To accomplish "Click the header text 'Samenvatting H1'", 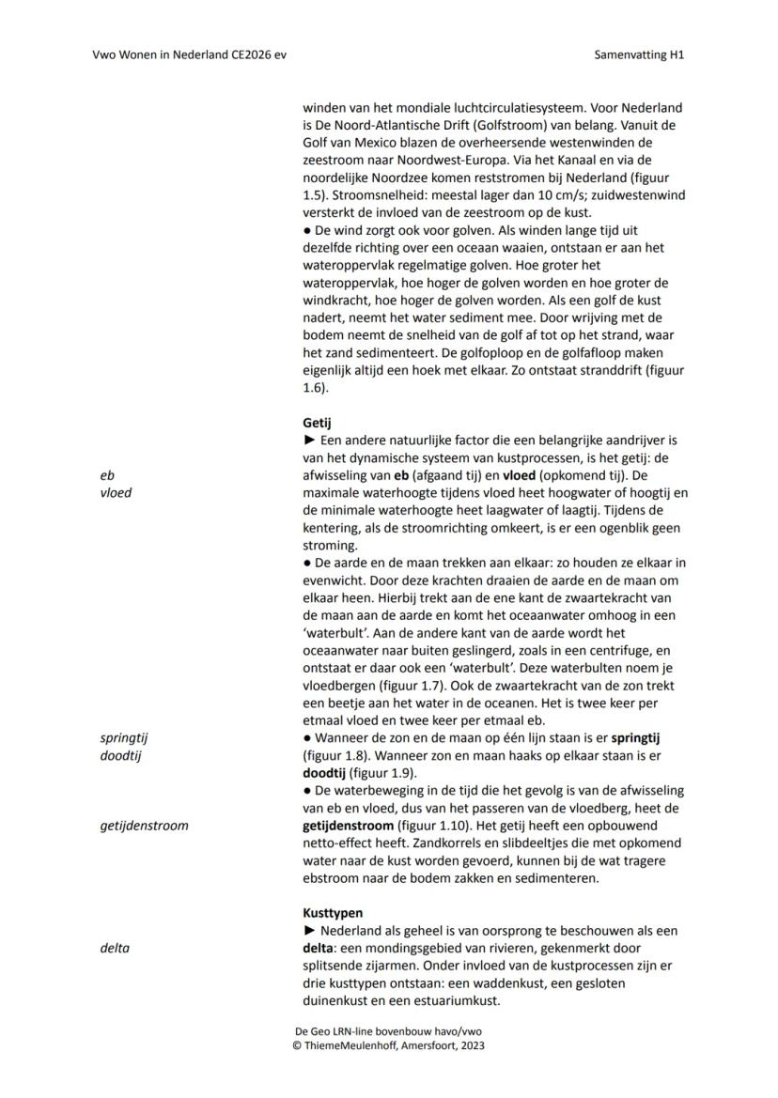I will pyautogui.click(x=639, y=54).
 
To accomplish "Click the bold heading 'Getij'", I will pyautogui.click(x=317, y=423).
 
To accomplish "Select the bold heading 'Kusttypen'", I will pyautogui.click(x=333, y=913).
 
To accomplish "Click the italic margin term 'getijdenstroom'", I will pyautogui.click(x=144, y=826).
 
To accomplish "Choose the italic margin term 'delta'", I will pyautogui.click(x=115, y=948).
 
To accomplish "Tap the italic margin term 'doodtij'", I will pyautogui.click(x=120, y=755).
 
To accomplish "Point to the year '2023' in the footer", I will pyautogui.click(x=472, y=1044).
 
